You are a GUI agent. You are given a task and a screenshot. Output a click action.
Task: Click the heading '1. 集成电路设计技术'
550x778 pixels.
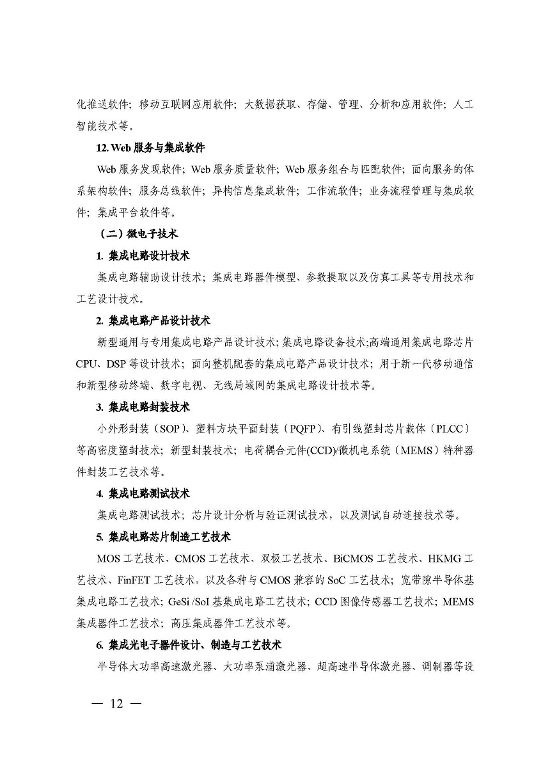[x=143, y=256]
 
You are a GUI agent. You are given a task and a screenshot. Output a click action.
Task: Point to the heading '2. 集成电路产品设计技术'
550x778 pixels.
[x=153, y=321]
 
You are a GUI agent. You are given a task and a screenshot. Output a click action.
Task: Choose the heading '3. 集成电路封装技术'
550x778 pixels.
[x=143, y=407]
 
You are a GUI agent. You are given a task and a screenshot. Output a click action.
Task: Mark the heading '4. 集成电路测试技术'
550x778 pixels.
[x=143, y=493]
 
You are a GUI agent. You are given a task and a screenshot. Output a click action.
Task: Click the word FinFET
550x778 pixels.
[x=137, y=580]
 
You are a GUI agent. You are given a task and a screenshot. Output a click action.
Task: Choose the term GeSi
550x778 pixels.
[x=181, y=602]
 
